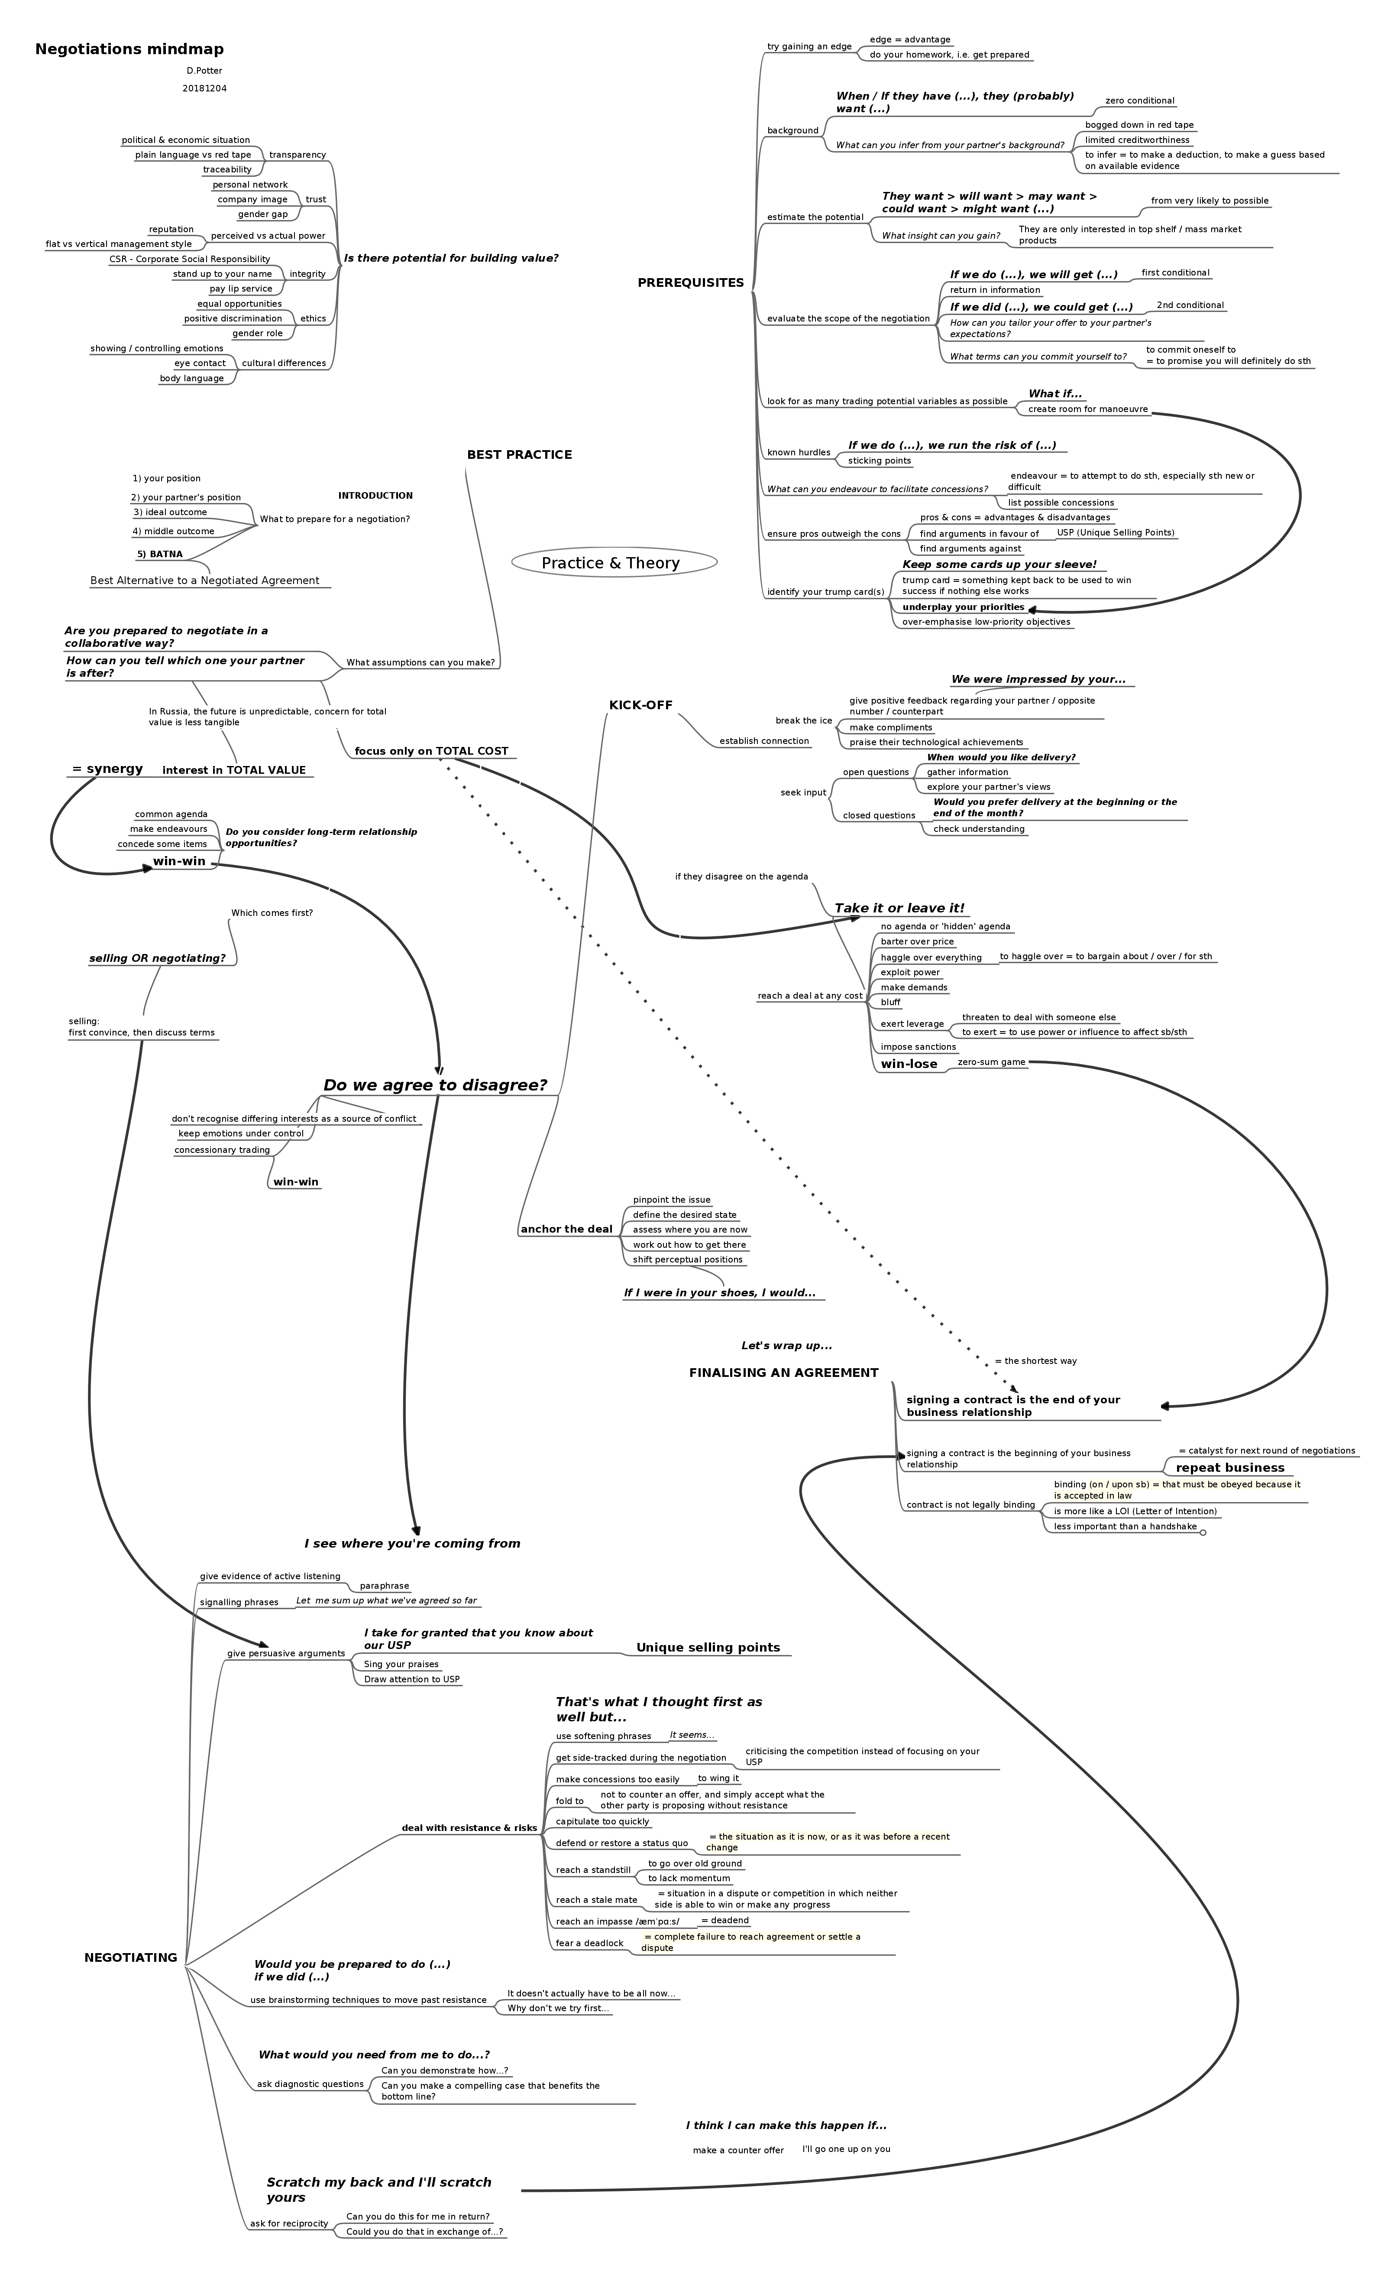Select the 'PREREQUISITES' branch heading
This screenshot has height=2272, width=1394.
coord(691,283)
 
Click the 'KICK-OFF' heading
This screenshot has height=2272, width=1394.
coord(641,706)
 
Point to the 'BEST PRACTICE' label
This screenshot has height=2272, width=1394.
coord(519,455)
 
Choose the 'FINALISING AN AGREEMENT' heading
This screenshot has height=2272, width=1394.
coord(784,1373)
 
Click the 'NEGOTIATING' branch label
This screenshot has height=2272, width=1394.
coord(131,1957)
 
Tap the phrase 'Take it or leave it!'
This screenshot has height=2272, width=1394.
coord(899,909)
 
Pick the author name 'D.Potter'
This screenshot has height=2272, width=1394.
coord(204,71)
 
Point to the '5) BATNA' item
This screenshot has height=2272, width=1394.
coord(159,555)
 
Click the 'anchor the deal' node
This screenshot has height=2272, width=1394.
coord(566,1230)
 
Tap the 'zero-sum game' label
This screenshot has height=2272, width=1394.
coord(991,1063)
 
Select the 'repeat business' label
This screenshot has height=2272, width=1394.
coord(1230,1467)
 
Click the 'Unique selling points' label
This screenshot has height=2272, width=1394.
coord(708,1648)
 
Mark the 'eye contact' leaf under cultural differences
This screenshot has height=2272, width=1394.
coord(200,364)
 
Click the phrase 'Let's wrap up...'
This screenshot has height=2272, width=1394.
coord(786,1346)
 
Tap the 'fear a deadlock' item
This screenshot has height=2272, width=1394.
coord(589,1944)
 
